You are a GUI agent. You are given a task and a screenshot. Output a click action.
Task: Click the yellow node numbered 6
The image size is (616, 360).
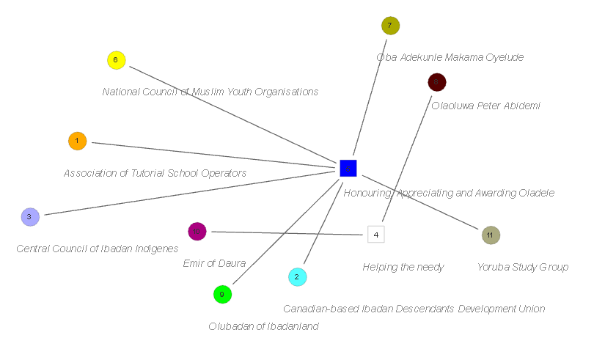(x=116, y=60)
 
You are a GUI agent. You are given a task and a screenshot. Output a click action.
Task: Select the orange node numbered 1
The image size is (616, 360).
(x=77, y=141)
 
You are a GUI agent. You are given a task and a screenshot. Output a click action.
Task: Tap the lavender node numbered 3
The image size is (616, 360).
(x=29, y=217)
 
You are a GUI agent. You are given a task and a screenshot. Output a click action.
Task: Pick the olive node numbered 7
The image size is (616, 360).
(x=390, y=26)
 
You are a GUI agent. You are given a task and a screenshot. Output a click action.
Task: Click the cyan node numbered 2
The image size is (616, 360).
(x=297, y=277)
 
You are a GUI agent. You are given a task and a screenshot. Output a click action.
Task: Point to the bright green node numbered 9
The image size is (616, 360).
(x=222, y=294)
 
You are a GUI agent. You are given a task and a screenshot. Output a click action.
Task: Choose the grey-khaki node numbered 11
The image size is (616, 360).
(x=491, y=235)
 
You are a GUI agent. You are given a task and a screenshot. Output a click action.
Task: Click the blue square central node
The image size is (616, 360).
(x=348, y=169)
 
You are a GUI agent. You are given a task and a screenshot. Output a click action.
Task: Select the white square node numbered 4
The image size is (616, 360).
(x=375, y=235)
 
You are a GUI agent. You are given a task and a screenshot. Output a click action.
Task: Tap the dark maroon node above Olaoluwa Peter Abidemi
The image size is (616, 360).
(x=437, y=82)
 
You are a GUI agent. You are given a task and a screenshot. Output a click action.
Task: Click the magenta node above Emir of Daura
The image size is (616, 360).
(x=197, y=232)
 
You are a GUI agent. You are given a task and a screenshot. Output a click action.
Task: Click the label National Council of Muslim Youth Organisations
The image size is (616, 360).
(x=210, y=92)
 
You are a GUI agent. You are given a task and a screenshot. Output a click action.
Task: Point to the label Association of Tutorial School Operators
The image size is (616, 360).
(x=155, y=174)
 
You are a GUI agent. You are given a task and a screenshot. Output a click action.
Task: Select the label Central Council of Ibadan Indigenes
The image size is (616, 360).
(x=97, y=249)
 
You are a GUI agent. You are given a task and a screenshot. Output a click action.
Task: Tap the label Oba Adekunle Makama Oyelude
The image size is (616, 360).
(x=450, y=57)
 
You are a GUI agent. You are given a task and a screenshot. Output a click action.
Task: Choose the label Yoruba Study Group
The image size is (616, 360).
(x=523, y=267)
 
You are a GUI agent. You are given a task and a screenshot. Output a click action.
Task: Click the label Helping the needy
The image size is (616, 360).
(x=403, y=268)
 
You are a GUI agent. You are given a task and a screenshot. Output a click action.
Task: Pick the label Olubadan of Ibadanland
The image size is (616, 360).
(x=263, y=327)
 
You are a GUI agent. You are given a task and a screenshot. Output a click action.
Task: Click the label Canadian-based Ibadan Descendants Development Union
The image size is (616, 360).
(x=414, y=309)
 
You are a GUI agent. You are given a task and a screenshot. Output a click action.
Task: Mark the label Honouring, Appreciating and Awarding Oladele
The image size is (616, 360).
(x=449, y=194)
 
